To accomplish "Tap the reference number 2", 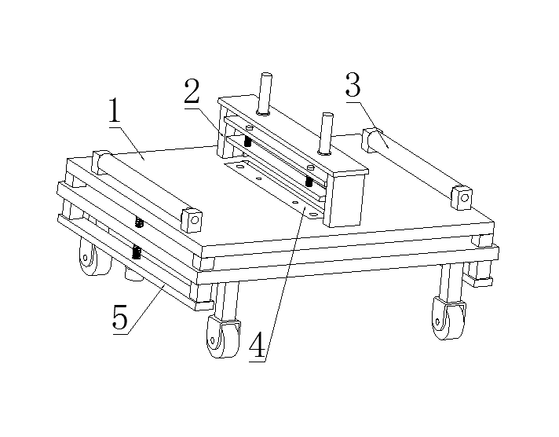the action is click(192, 91).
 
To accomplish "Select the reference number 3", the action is click(353, 85).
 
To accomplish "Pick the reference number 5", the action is click(120, 317).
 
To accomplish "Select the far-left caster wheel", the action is click(93, 257).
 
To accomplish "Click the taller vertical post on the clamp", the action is click(265, 94).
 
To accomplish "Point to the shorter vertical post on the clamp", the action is click(326, 134).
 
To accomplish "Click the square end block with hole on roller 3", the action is click(462, 197).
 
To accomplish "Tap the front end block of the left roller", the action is click(192, 220).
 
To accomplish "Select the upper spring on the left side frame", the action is click(140, 222).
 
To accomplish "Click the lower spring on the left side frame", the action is click(136, 252).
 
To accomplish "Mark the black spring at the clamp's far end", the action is click(247, 141).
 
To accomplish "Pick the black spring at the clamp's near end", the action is click(309, 181).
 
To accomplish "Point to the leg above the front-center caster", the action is click(226, 300).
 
